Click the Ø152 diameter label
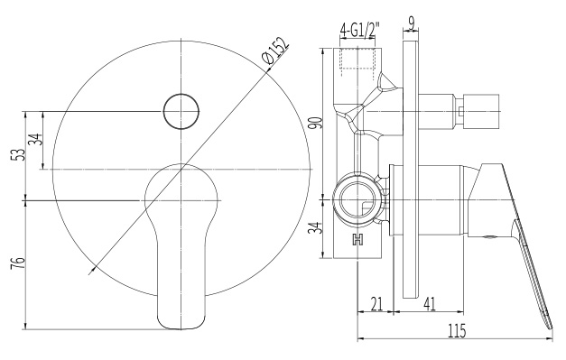point(276,51)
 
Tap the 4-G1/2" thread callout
point(360,31)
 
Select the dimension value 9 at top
point(411,23)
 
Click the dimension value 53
point(20,155)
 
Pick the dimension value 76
point(19,263)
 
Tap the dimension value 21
point(376,304)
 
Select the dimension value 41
point(429,304)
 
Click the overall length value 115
point(456,331)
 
